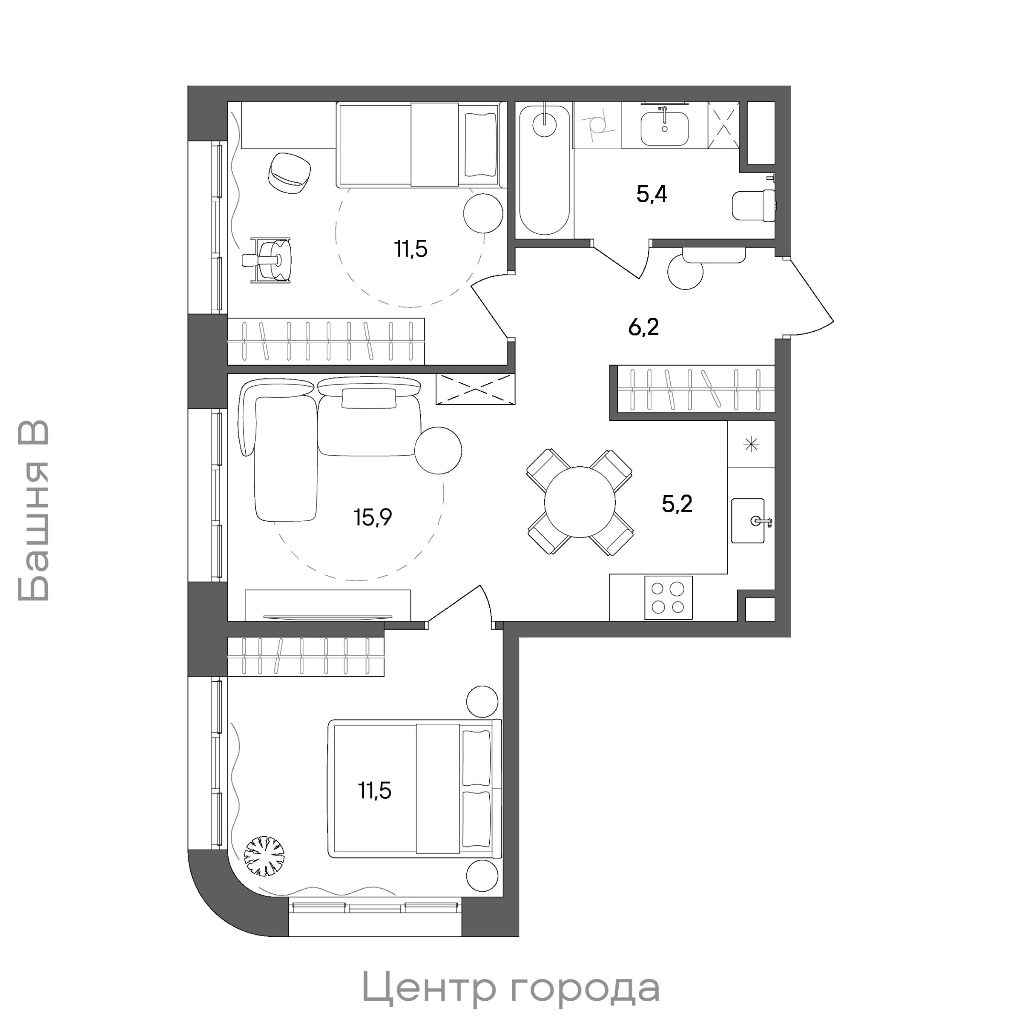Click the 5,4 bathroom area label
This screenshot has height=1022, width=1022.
click(651, 195)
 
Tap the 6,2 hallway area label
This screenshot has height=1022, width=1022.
click(643, 327)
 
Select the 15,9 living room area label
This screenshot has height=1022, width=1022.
click(373, 517)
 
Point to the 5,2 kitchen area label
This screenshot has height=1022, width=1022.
click(677, 504)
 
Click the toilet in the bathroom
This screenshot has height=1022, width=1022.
click(754, 205)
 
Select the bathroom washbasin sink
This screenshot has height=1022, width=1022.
click(664, 127)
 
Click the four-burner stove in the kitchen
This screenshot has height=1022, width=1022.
click(669, 597)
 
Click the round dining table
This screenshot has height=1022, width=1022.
click(580, 502)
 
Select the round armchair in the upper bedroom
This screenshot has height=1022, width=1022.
click(290, 172)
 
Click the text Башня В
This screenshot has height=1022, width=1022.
click(33, 511)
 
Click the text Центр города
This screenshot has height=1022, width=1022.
click(511, 988)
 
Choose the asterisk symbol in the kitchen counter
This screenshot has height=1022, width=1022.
click(751, 444)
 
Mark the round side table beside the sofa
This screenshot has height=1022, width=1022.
click(438, 451)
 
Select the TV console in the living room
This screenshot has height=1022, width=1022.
click(328, 605)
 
